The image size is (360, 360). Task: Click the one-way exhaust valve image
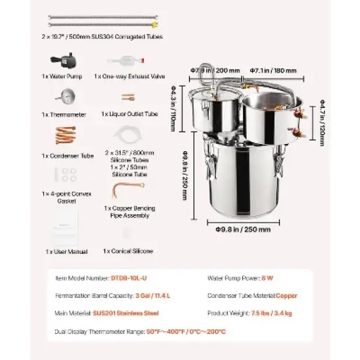[125, 61]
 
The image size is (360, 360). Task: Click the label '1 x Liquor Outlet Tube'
[130, 113]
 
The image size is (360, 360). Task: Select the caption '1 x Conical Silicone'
[128, 251]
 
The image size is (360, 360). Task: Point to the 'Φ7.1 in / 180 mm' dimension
[273, 70]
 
